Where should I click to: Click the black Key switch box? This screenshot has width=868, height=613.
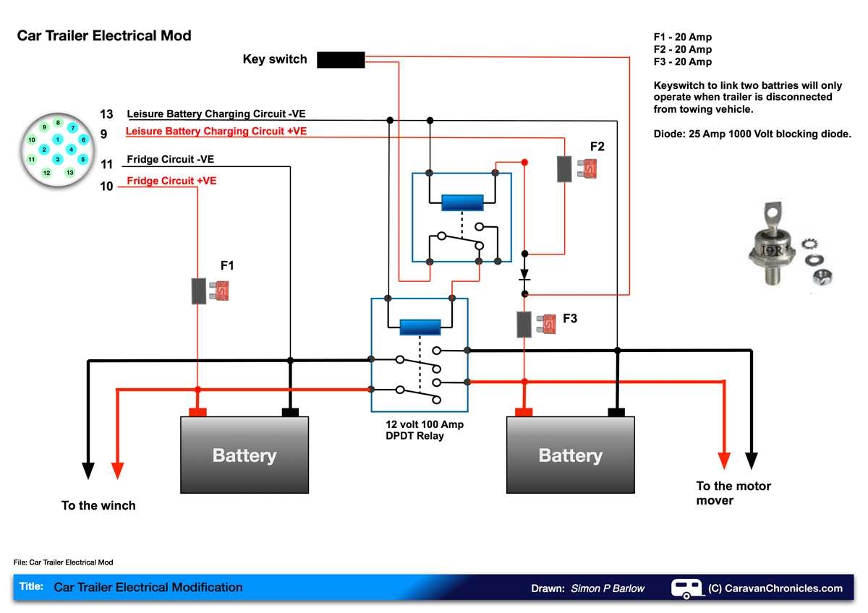(341, 60)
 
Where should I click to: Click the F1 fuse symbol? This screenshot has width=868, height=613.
(208, 291)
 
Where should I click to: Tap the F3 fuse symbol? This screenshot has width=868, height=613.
(535, 325)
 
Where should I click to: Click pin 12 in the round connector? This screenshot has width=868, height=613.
(46, 173)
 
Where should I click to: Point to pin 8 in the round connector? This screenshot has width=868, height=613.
(58, 123)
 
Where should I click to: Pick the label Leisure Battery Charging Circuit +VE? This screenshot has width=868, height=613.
(216, 132)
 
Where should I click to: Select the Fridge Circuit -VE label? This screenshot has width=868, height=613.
(170, 159)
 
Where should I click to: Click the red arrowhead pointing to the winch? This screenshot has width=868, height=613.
(118, 470)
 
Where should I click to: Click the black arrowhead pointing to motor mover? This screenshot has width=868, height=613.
(752, 460)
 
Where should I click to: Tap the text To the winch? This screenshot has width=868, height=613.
(98, 505)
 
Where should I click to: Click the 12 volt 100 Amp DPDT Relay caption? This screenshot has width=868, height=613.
(424, 430)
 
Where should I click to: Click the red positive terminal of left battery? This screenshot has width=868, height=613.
(197, 412)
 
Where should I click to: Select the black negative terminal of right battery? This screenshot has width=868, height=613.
(616, 412)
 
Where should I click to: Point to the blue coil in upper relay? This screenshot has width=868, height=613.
(461, 202)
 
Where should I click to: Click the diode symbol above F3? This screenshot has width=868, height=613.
(525, 275)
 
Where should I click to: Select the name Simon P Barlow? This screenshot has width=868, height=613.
(607, 588)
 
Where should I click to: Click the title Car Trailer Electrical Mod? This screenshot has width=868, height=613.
(104, 35)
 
